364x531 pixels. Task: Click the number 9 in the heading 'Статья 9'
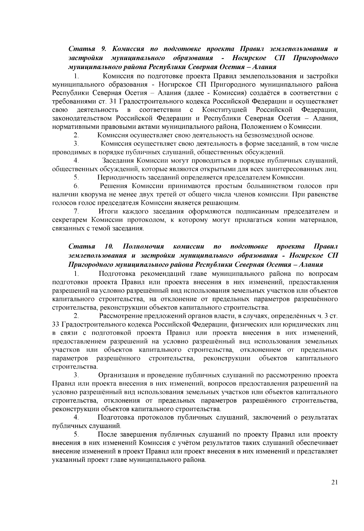[x=102, y=49]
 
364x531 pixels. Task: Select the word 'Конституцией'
[x=225, y=109]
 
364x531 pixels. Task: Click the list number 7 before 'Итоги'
[x=76, y=211]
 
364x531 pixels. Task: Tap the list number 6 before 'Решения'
[x=76, y=186]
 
